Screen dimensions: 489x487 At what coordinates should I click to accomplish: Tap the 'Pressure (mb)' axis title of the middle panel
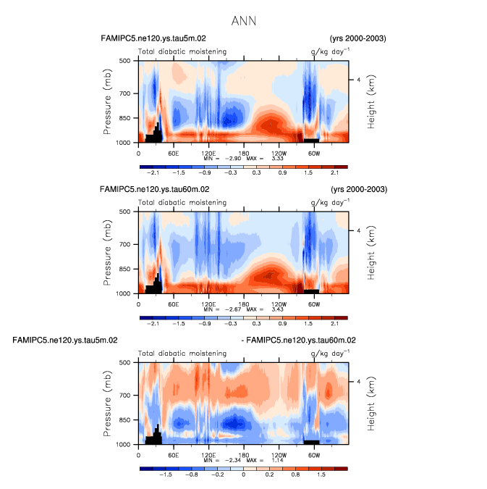tap(107, 252)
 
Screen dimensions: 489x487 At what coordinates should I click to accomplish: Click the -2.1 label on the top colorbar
tap(153, 173)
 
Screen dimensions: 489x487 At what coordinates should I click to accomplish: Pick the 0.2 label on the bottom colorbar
tap(278, 475)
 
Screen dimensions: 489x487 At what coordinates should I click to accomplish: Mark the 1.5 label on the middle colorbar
tap(313, 324)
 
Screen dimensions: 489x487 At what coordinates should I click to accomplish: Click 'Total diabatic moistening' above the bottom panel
tap(182, 354)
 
